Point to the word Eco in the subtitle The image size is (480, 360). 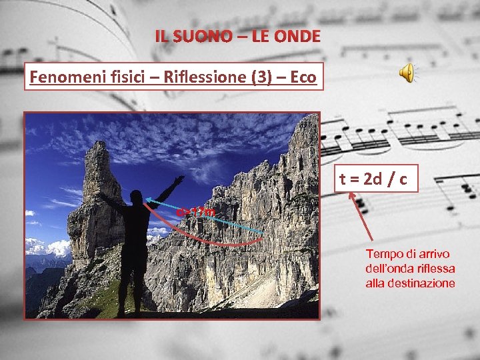click(303, 77)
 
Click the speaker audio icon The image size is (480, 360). click(407, 74)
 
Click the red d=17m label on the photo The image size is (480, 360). click(197, 213)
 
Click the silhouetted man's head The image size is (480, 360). click(137, 198)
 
